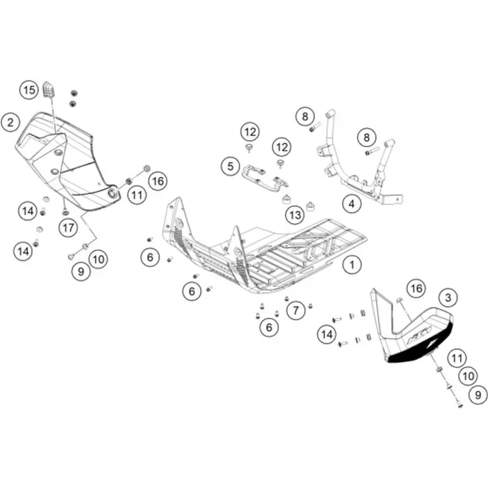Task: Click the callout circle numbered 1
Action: click(352, 265)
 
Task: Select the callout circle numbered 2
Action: click(10, 122)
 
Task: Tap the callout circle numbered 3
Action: click(448, 298)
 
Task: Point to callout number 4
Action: click(351, 204)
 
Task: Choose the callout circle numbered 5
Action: click(230, 166)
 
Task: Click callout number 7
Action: click(296, 310)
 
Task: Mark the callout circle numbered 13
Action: click(295, 215)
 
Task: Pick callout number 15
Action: click(29, 90)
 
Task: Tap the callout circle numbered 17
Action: click(68, 228)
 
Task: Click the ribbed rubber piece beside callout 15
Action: click(48, 90)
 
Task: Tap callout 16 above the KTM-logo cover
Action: click(416, 289)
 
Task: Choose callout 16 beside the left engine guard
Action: click(158, 181)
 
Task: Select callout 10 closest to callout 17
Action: click(98, 259)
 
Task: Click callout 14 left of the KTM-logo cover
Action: click(327, 335)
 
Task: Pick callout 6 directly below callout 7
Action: click(269, 327)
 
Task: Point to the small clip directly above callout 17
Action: click(65, 212)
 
